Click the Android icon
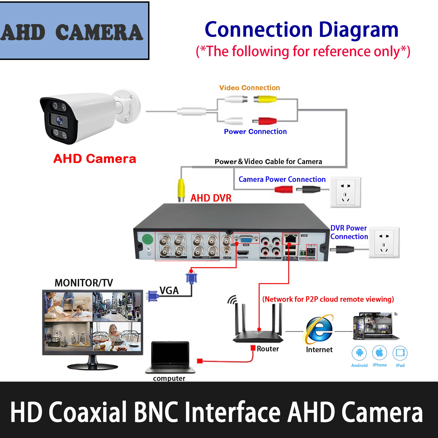pyautogui.click(x=359, y=353)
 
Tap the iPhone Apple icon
pyautogui.click(x=379, y=353)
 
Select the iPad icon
pyautogui.click(x=400, y=353)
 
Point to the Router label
pyautogui.click(x=267, y=349)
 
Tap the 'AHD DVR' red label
pyautogui.click(x=211, y=198)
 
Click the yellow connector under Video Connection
pyautogui.click(x=265, y=99)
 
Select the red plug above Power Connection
pyautogui.click(x=264, y=121)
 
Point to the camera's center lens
pyautogui.click(x=59, y=120)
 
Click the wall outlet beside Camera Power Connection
pyautogui.click(x=345, y=192)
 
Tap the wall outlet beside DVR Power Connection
pyautogui.click(x=384, y=243)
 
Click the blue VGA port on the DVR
pyautogui.click(x=246, y=239)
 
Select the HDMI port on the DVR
pyautogui.click(x=243, y=253)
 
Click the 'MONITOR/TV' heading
pyautogui.click(x=84, y=283)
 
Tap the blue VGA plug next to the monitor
pyautogui.click(x=153, y=296)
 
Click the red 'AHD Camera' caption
pyautogui.click(x=95, y=159)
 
